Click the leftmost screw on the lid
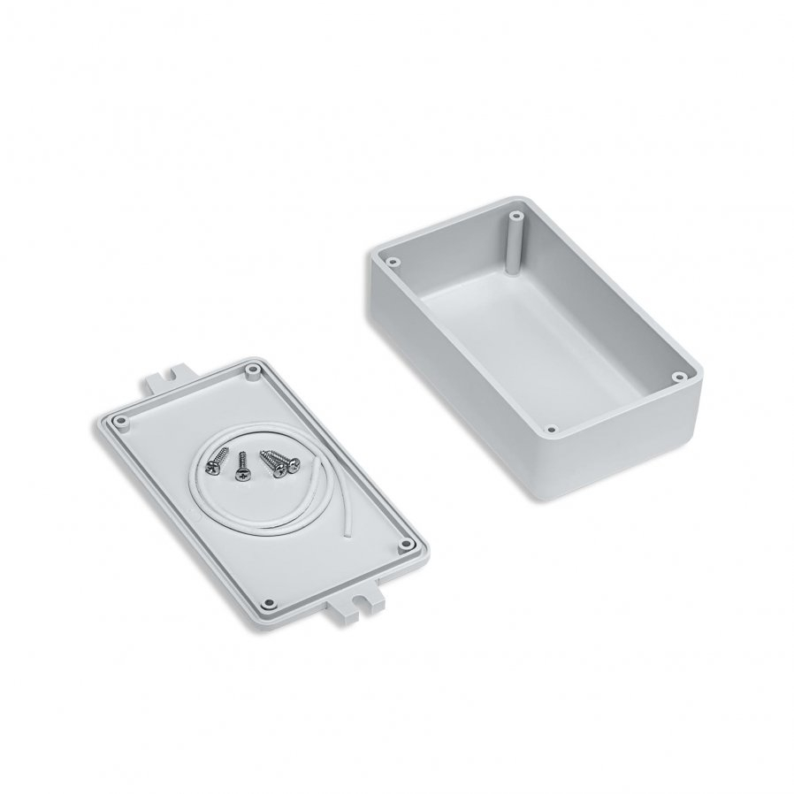[x=215, y=461]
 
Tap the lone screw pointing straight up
[x=242, y=467]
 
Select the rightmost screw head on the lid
[x=293, y=467]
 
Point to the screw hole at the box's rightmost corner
[x=678, y=376]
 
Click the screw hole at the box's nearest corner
[x=552, y=431]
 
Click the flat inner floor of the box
[x=531, y=336]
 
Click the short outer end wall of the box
[x=628, y=451]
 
